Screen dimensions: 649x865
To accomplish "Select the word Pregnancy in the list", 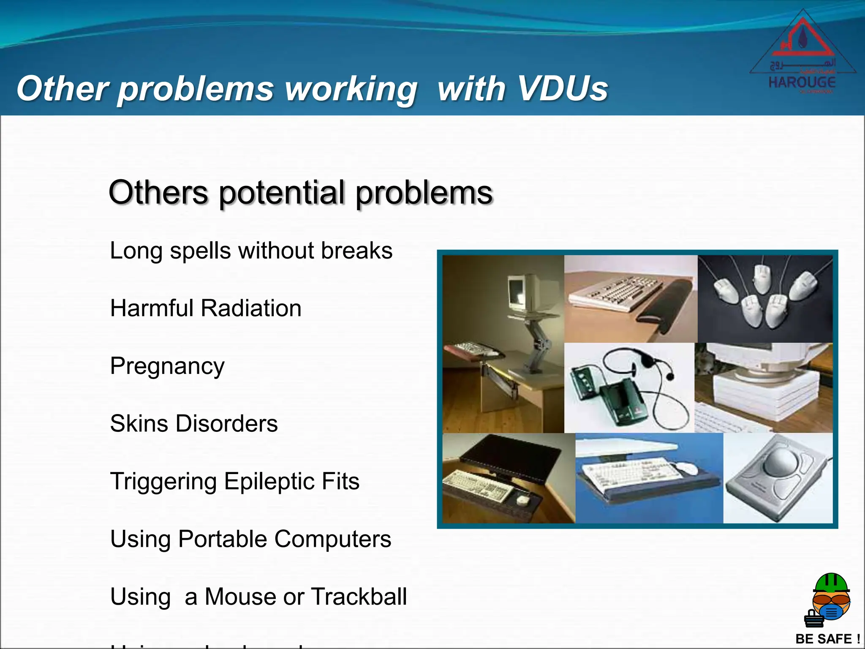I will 167,366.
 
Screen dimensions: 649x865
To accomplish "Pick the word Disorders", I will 226,424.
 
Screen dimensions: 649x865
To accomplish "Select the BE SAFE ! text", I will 827,639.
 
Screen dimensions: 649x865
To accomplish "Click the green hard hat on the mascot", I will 831,583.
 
